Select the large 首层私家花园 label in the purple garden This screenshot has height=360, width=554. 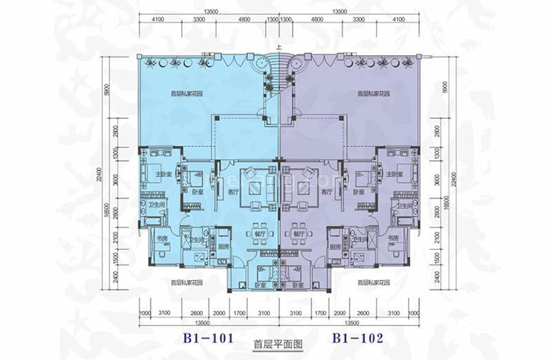point(371,94)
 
